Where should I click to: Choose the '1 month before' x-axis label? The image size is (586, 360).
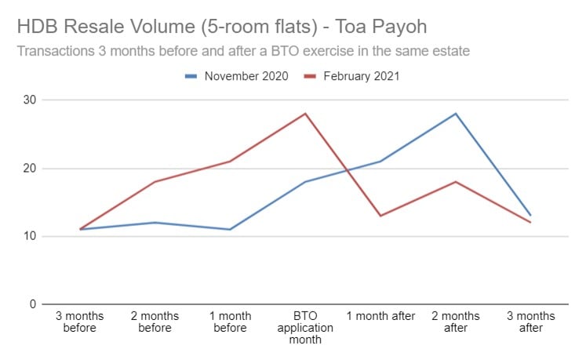[229, 322]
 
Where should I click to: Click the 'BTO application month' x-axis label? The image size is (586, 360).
[305, 328]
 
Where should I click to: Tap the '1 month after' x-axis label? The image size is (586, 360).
[380, 316]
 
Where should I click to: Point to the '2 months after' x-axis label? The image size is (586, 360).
[456, 322]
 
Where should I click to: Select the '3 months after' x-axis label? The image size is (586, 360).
[531, 322]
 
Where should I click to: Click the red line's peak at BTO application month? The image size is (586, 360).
[305, 114]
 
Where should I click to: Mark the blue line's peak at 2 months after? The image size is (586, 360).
[456, 114]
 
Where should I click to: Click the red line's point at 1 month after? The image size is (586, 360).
[380, 216]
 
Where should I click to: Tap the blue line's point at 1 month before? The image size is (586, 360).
[229, 229]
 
